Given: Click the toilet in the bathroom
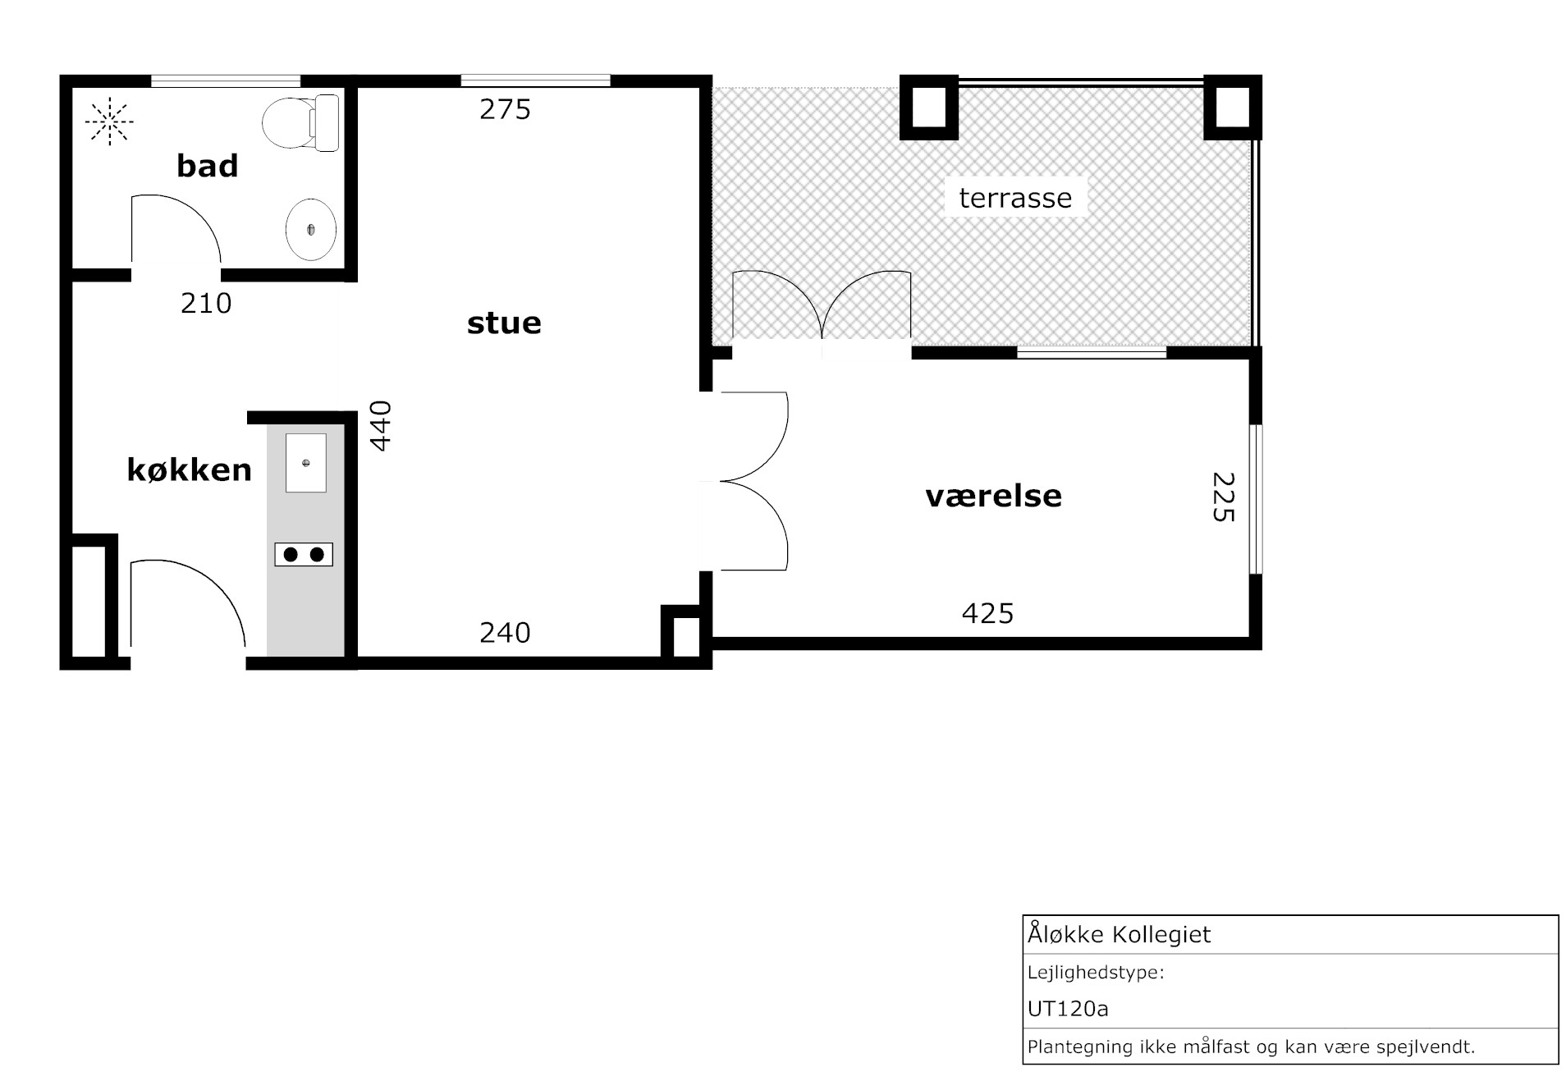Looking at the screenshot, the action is coord(301,122).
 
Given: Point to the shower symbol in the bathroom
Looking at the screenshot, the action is coord(110,121).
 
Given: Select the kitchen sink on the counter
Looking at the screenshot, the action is coord(306,463).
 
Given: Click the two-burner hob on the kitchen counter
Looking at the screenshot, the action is coord(304,555).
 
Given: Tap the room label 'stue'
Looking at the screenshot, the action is coord(504,323).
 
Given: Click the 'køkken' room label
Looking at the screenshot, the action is coord(189,470).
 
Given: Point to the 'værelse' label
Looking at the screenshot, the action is coord(993,496).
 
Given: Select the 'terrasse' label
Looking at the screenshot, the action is coord(1015,198).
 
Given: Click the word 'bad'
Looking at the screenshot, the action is coord(208,166).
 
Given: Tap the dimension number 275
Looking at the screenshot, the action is coord(506,109).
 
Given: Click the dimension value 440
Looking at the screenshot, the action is coord(381,426).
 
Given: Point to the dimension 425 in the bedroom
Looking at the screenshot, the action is coord(988,613).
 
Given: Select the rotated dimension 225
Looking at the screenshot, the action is coord(1223,497).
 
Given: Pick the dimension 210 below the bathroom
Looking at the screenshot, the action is coord(206,304).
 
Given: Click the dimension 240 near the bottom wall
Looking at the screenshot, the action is coord(506,633).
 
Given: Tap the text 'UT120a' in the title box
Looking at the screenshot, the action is coord(1068,1008).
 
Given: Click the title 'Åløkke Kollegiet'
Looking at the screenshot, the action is coord(1120,933).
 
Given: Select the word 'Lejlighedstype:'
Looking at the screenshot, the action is coord(1096,974).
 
